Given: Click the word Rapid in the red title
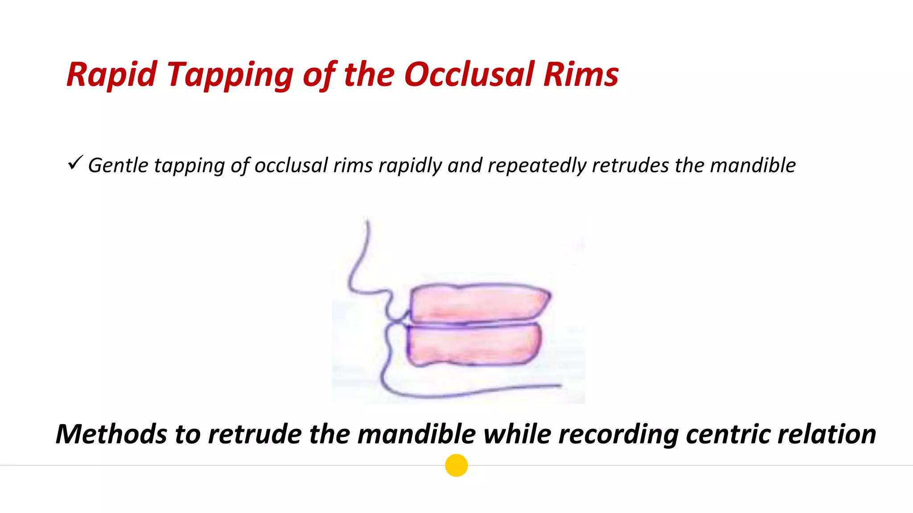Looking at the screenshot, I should pos(111,74).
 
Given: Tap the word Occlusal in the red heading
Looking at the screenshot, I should pos(469,74).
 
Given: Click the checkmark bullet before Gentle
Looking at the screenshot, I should pos(75,163).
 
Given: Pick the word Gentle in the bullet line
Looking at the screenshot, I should pos(118,166).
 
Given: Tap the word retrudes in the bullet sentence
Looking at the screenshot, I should pos(630,166).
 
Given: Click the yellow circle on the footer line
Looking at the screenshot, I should pos(456,465).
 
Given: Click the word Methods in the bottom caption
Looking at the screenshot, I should pos(111,434).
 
